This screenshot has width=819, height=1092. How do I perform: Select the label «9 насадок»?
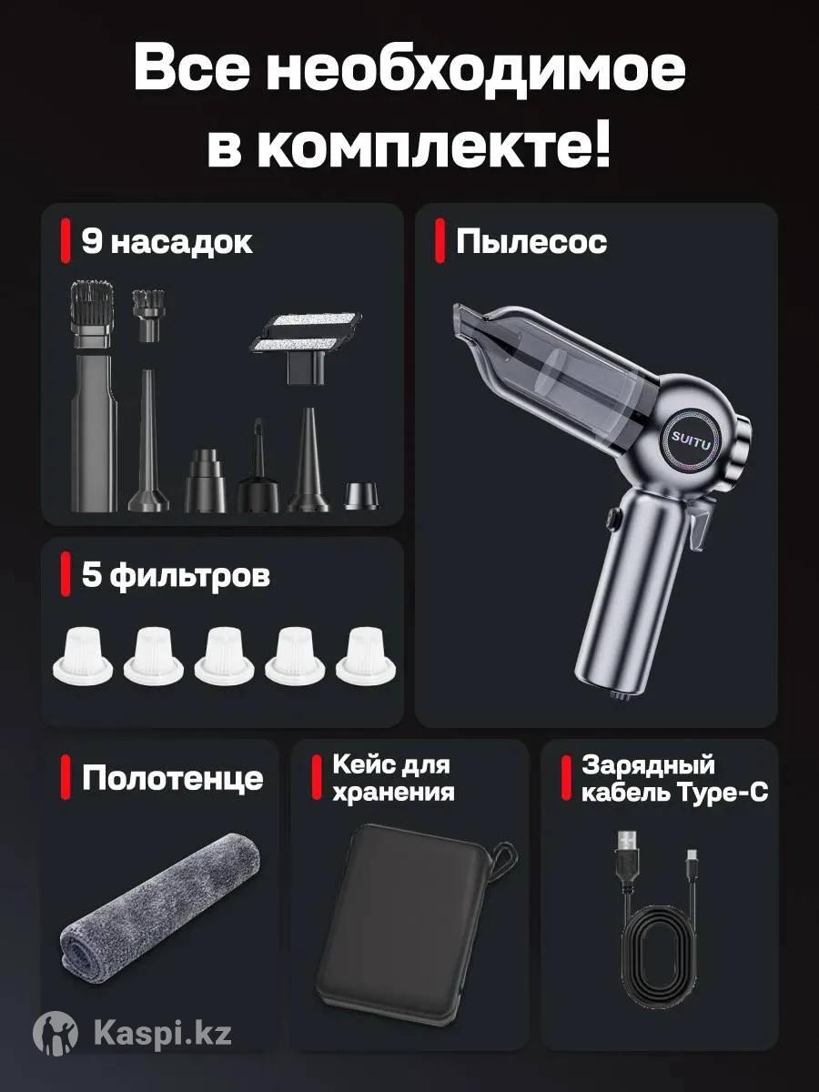click(x=167, y=242)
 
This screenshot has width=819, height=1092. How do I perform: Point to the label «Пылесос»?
click(x=531, y=242)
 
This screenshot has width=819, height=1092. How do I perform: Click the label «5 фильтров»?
click(x=176, y=576)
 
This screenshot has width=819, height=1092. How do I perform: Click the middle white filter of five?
click(x=224, y=654)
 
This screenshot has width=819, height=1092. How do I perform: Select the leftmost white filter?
click(x=83, y=655)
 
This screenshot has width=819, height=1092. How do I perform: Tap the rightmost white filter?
click(x=366, y=654)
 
